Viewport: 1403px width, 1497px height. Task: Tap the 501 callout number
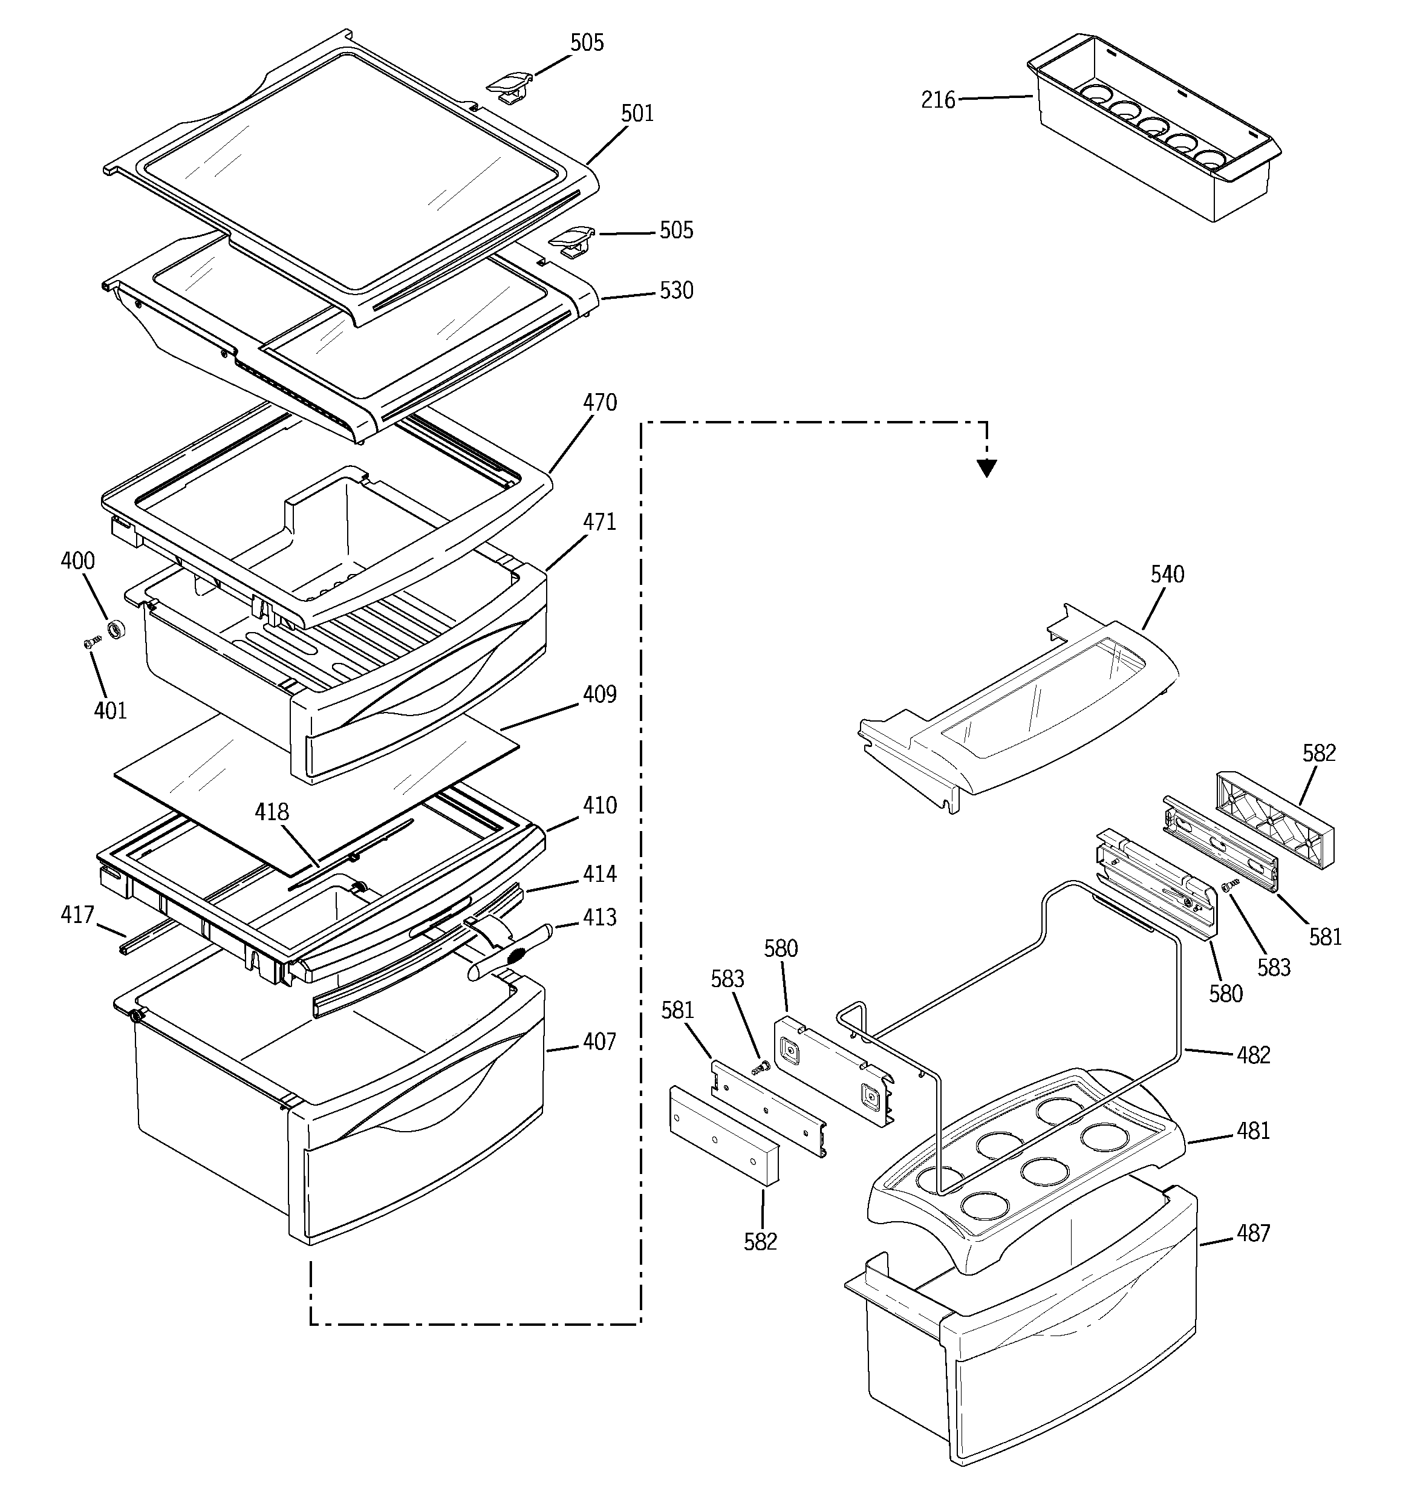click(x=637, y=114)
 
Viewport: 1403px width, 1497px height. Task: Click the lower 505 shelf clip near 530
click(x=571, y=240)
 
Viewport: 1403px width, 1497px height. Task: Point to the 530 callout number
click(x=676, y=291)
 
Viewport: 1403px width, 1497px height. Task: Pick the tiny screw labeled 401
click(x=92, y=642)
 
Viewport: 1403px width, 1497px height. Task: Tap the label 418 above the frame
click(x=271, y=812)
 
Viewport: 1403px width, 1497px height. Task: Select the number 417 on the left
click(x=77, y=915)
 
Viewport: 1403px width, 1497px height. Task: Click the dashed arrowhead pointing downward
click(x=986, y=468)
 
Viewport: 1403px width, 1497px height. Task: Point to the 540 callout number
click(x=1167, y=575)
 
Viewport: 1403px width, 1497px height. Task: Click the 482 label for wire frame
click(x=1253, y=1055)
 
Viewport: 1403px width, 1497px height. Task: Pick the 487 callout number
click(x=1253, y=1233)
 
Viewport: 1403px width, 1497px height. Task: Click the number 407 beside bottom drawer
click(x=599, y=1042)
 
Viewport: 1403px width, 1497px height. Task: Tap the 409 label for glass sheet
click(x=599, y=694)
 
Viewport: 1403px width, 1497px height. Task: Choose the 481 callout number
click(x=1253, y=1131)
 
